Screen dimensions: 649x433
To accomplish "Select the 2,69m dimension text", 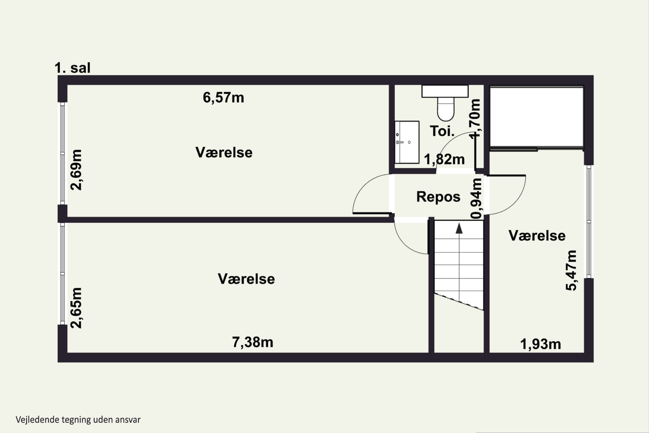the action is click(76, 170).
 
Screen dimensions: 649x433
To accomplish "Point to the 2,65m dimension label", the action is click(76, 308).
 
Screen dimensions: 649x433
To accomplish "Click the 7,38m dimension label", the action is click(253, 343).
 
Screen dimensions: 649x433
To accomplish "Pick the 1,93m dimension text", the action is click(541, 344).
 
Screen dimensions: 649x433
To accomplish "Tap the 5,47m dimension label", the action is click(571, 271).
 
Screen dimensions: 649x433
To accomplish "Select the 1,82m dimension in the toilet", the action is click(444, 159).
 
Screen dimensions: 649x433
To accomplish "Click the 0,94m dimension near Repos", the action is click(476, 199).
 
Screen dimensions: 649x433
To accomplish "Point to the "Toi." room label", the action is click(442, 131).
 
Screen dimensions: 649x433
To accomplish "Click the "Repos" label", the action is click(439, 197).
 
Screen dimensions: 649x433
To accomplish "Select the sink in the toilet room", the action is click(407, 142).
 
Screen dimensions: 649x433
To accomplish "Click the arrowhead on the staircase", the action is click(459, 228).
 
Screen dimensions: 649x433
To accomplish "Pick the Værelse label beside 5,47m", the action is click(537, 236).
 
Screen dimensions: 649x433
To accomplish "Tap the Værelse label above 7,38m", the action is click(246, 279).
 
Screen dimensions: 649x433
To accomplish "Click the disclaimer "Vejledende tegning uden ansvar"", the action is click(78, 420).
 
